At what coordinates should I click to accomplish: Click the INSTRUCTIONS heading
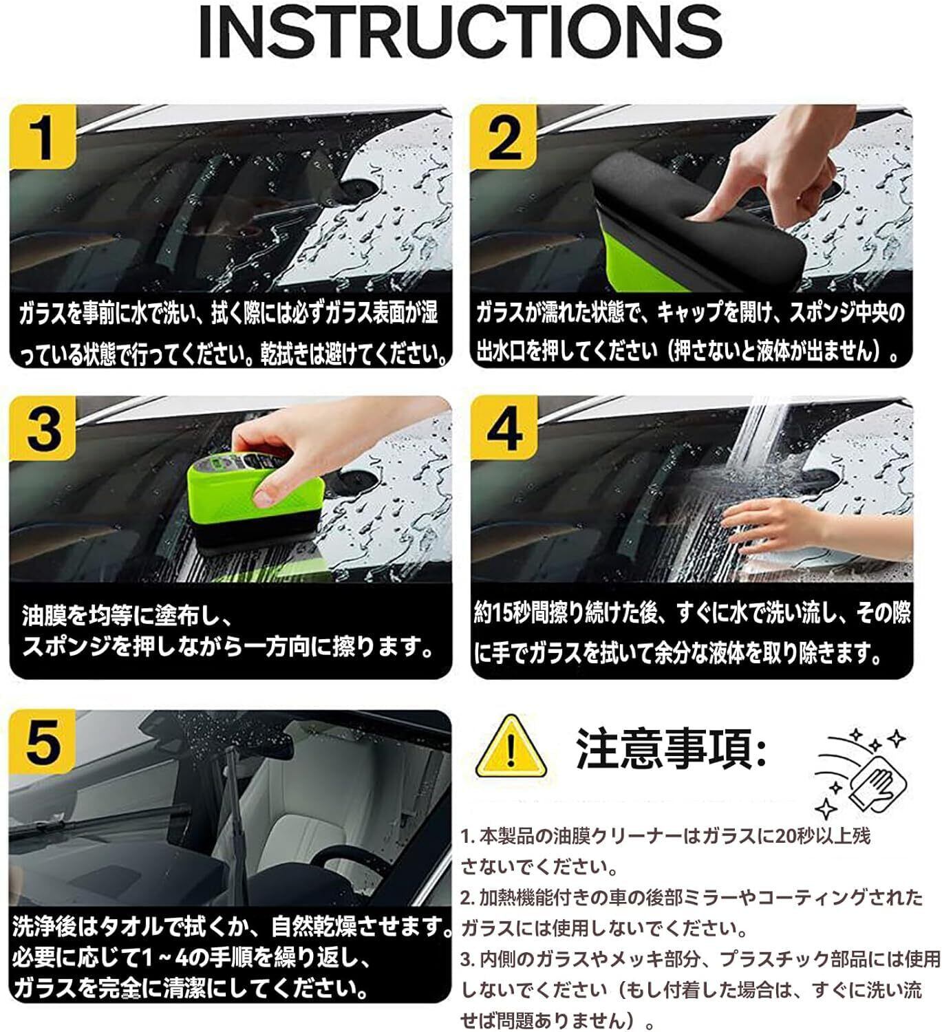tap(461, 32)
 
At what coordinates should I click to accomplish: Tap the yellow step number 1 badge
tap(43, 137)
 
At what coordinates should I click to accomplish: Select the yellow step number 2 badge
tap(504, 137)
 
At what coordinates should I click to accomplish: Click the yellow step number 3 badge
tap(43, 429)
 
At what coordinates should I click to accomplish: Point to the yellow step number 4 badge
tap(504, 429)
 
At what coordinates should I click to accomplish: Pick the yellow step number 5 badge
tap(43, 742)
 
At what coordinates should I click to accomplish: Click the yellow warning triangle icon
tap(510, 747)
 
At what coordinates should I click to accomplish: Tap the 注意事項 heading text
tap(672, 749)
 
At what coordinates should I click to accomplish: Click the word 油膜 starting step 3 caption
tap(45, 615)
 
